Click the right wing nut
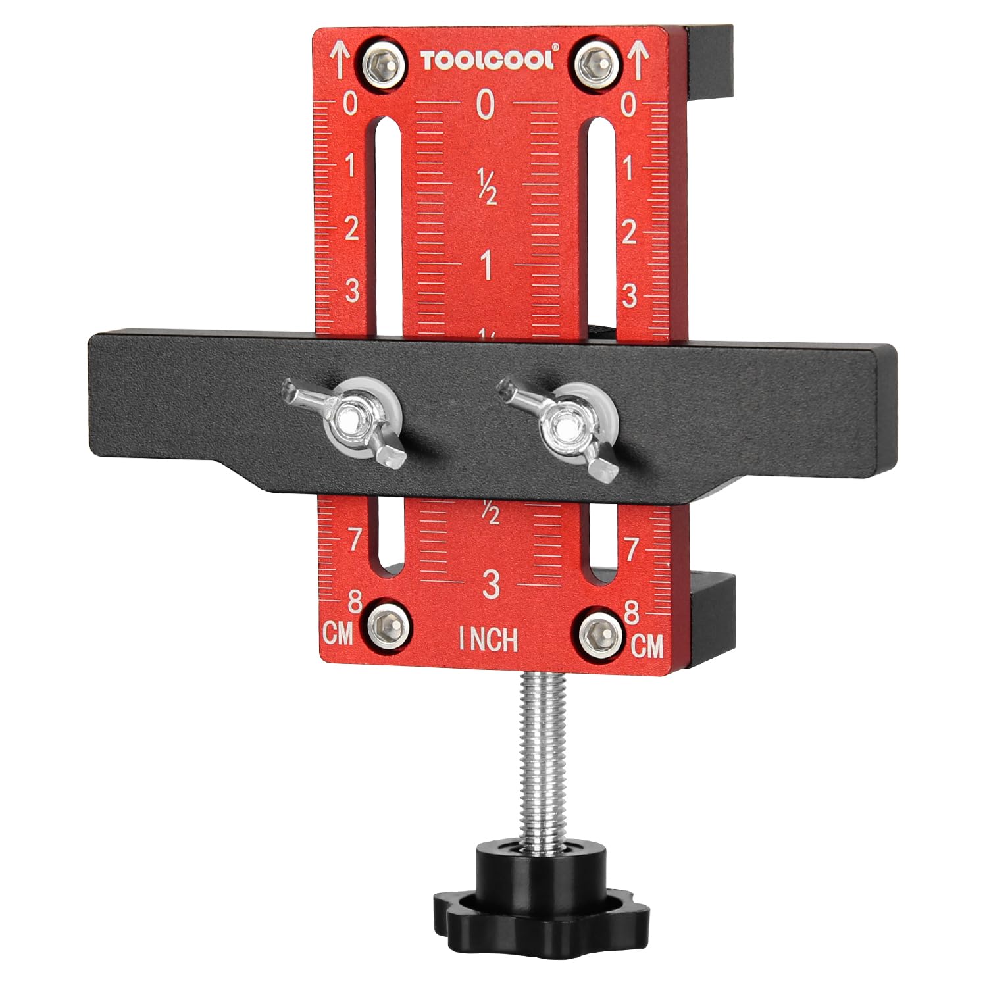click(x=561, y=427)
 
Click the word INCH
click(x=488, y=639)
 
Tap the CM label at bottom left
click(x=338, y=635)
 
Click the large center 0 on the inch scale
click(x=486, y=105)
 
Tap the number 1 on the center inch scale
click(x=487, y=266)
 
